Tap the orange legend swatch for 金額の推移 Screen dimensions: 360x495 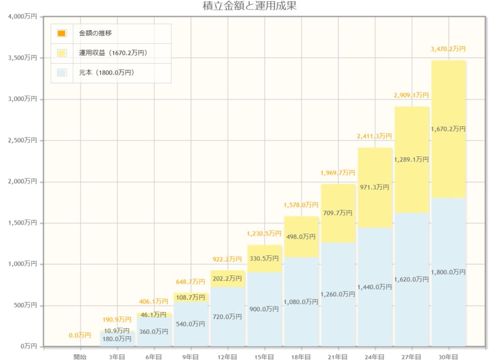click(61, 33)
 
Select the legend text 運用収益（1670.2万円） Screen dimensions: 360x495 click(113, 53)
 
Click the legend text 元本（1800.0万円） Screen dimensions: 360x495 click(107, 73)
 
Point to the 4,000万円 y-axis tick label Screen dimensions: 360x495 click(23, 16)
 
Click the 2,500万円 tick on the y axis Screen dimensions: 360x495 click(23, 140)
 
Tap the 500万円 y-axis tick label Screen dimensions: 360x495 click(24, 305)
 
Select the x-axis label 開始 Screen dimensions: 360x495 click(80, 357)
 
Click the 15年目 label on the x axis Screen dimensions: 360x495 click(265, 357)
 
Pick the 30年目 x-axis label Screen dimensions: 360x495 click(448, 357)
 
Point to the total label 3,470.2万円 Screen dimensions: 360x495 click(448, 49)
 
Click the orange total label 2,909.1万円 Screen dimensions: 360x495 click(411, 95)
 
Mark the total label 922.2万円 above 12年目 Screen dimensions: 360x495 click(227, 259)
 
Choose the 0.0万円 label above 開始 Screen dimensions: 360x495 click(80, 335)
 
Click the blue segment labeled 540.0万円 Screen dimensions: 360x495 click(191, 324)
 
